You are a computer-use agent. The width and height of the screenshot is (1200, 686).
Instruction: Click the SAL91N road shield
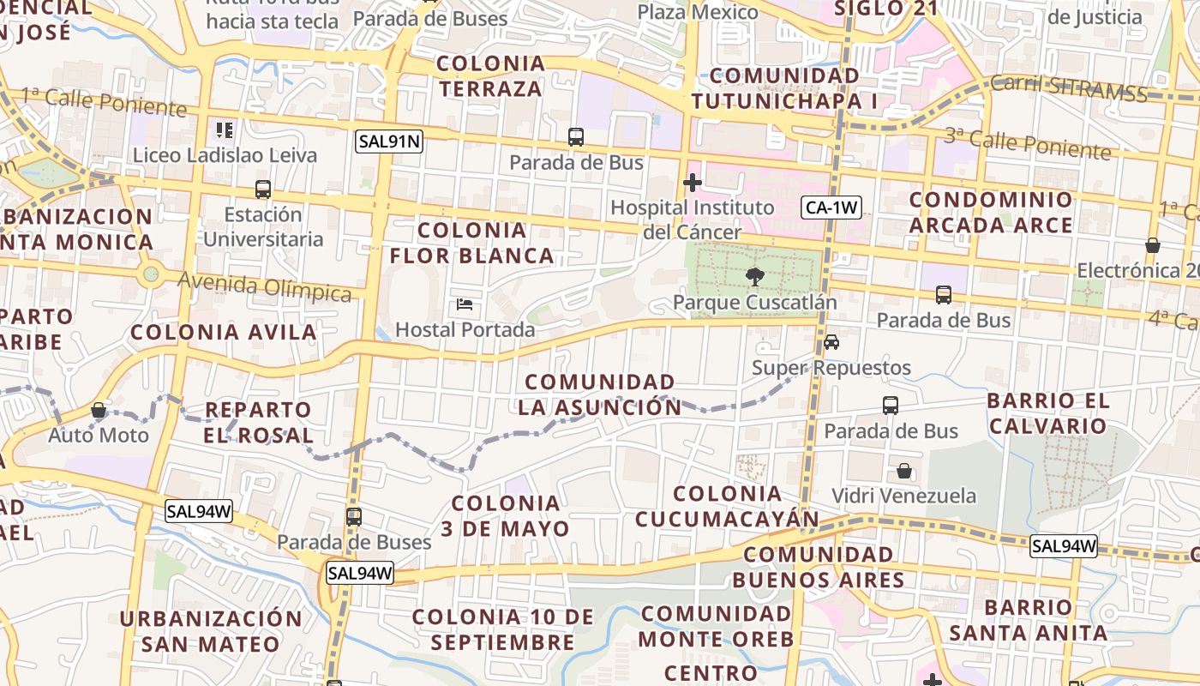[390, 141]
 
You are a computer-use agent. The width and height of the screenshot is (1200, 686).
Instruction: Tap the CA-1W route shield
[831, 207]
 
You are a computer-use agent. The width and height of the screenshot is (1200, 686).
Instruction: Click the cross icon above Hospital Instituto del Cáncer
[692, 183]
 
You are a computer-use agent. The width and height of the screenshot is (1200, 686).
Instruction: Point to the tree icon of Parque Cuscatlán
[754, 277]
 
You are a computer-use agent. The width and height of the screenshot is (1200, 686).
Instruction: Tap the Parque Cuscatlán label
[754, 303]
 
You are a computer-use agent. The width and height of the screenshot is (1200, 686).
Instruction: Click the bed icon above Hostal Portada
[465, 304]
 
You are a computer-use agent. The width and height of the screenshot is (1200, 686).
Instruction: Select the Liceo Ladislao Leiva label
[225, 155]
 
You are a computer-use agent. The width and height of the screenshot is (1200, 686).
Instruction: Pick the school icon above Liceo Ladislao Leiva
[225, 130]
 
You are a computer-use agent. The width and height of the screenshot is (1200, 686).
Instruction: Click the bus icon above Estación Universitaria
[263, 190]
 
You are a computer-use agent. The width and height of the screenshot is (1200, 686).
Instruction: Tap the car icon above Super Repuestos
[831, 342]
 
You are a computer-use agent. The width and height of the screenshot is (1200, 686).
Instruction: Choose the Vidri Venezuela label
[903, 496]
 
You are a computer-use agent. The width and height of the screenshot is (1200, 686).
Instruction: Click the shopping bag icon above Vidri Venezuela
[903, 471]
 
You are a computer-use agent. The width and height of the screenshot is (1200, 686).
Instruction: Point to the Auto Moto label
[99, 435]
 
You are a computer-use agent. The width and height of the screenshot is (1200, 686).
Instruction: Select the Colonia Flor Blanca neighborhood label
[472, 243]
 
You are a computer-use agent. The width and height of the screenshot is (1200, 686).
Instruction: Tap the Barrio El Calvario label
[1047, 413]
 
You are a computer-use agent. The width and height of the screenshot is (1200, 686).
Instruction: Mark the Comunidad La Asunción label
[600, 394]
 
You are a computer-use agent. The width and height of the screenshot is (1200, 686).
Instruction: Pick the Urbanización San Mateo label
[211, 631]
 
